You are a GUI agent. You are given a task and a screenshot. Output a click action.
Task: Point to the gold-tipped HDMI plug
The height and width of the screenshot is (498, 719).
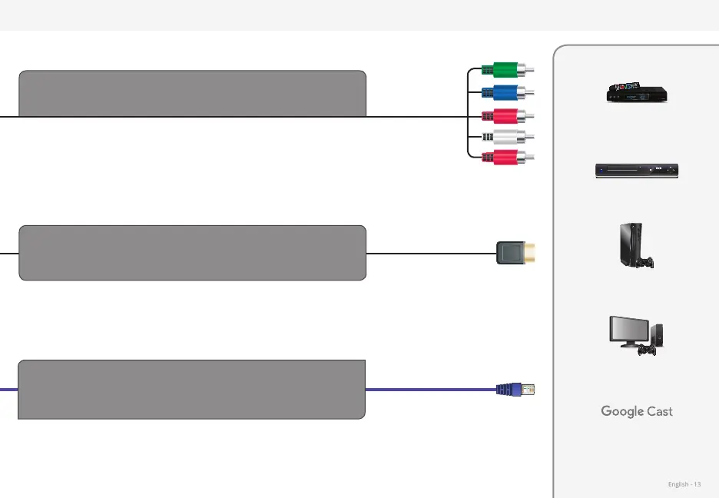coord(515,253)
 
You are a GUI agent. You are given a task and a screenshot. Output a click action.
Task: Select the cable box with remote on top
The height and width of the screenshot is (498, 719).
coord(637,92)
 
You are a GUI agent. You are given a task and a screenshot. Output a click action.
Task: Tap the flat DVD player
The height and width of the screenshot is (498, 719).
coord(638,171)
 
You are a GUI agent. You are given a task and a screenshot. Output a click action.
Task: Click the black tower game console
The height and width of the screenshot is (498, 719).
coord(628,244)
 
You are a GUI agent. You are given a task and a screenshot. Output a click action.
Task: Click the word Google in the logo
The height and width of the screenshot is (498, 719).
coord(622,411)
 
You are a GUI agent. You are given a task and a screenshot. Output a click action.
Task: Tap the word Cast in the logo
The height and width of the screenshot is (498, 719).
coord(660,411)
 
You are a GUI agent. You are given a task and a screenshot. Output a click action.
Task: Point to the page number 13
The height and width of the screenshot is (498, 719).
coord(697,484)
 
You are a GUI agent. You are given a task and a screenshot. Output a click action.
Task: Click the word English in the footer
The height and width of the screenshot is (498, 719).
coord(678,484)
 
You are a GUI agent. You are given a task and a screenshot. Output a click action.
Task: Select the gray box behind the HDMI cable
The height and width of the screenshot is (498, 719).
coord(192,253)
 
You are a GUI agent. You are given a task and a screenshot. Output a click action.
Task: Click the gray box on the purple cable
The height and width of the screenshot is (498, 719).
coord(191,389)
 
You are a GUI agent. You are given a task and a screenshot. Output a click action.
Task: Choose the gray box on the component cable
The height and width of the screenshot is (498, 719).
coord(192,94)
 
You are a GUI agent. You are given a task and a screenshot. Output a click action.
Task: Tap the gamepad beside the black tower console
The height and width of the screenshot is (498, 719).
coord(648,264)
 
